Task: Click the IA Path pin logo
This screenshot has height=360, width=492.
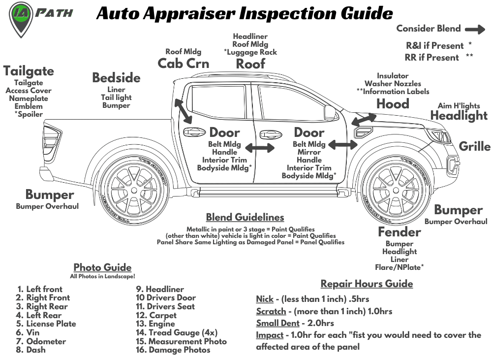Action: tap(20, 18)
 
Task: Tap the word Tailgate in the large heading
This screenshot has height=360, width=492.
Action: tap(29, 71)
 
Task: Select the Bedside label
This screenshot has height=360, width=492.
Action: tap(116, 78)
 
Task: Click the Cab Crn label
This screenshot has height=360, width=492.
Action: tap(183, 64)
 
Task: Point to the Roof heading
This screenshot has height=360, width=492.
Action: tap(250, 64)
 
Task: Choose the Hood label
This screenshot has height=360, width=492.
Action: tap(393, 104)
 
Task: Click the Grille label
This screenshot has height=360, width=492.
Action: tap(474, 146)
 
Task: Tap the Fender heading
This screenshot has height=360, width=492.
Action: tap(399, 232)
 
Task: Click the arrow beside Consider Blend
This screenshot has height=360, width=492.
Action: tap(475, 29)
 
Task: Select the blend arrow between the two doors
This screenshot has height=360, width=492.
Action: tap(260, 148)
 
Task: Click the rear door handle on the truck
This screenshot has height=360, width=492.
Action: tap(194, 132)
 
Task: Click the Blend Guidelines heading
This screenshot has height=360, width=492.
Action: tap(245, 217)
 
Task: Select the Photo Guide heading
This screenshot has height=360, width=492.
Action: tap(102, 267)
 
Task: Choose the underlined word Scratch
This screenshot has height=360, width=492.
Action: tap(271, 311)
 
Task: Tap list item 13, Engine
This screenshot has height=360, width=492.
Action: tap(155, 324)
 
